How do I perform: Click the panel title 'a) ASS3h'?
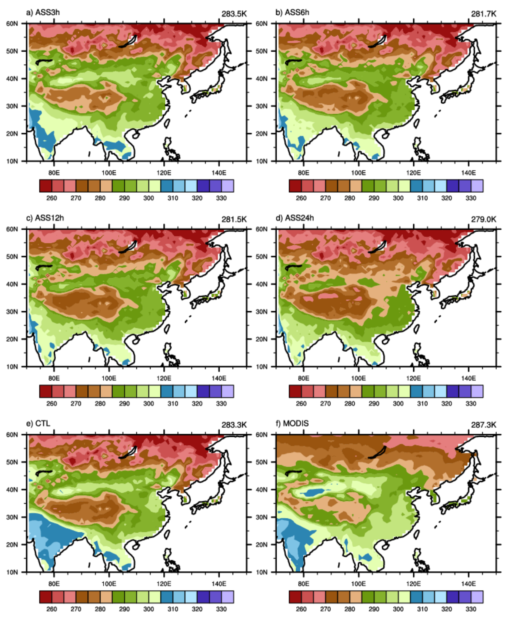[43, 13]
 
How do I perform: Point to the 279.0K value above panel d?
[483, 219]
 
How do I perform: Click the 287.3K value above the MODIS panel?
[483, 425]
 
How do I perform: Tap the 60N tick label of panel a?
[12, 24]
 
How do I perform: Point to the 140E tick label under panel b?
[468, 173]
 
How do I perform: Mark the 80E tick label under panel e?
[54, 584]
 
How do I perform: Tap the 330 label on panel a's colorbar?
[221, 198]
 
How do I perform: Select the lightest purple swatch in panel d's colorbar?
[477, 391]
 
